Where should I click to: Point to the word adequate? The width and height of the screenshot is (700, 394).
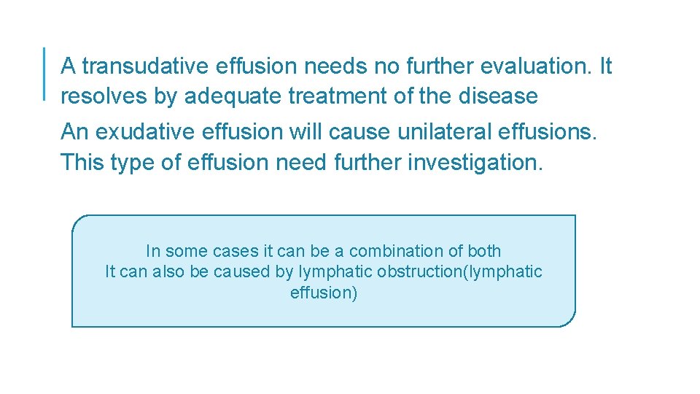pos(234,96)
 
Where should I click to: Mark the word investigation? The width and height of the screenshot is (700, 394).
pos(475,162)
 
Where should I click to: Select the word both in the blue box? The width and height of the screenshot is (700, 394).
pos(484,251)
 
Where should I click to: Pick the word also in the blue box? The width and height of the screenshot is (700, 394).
pos(169,272)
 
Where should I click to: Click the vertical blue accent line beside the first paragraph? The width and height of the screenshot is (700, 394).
pos(44,73)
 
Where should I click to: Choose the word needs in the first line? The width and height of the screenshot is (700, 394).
pos(336,66)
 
